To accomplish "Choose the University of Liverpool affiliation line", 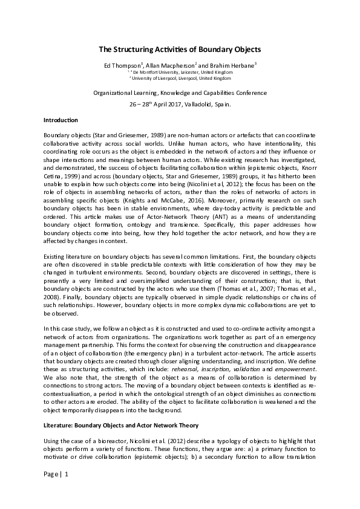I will (x=180, y=78).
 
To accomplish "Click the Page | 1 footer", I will (x=57, y=490).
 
